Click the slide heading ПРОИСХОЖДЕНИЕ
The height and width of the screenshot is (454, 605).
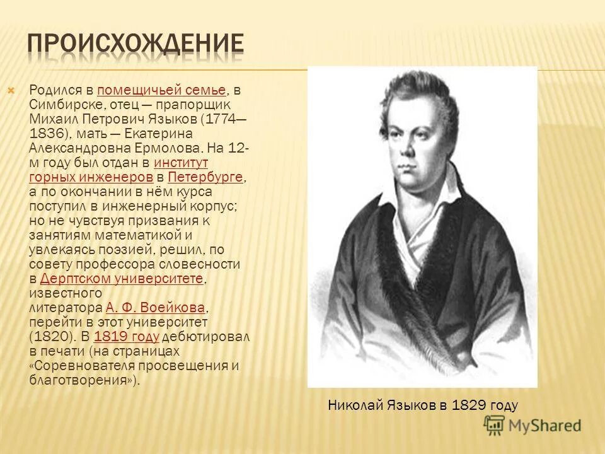136,44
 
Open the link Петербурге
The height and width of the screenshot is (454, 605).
205,177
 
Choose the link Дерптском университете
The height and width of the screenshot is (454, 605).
121,279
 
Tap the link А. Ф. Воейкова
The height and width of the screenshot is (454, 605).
156,308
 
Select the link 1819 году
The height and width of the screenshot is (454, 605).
126,337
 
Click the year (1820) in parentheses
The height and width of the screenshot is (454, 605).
50,337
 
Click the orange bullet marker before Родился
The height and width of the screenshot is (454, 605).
11,90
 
